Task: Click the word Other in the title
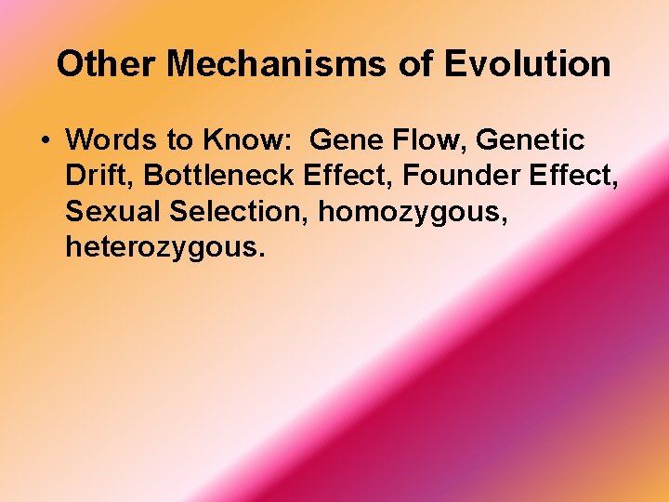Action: tap(97, 64)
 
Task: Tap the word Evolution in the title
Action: tap(528, 64)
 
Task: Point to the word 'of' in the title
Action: tap(421, 64)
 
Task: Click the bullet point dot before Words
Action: tap(45, 141)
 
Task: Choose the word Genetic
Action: tap(534, 140)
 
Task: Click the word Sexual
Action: tap(113, 211)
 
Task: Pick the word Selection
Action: tap(239, 211)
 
